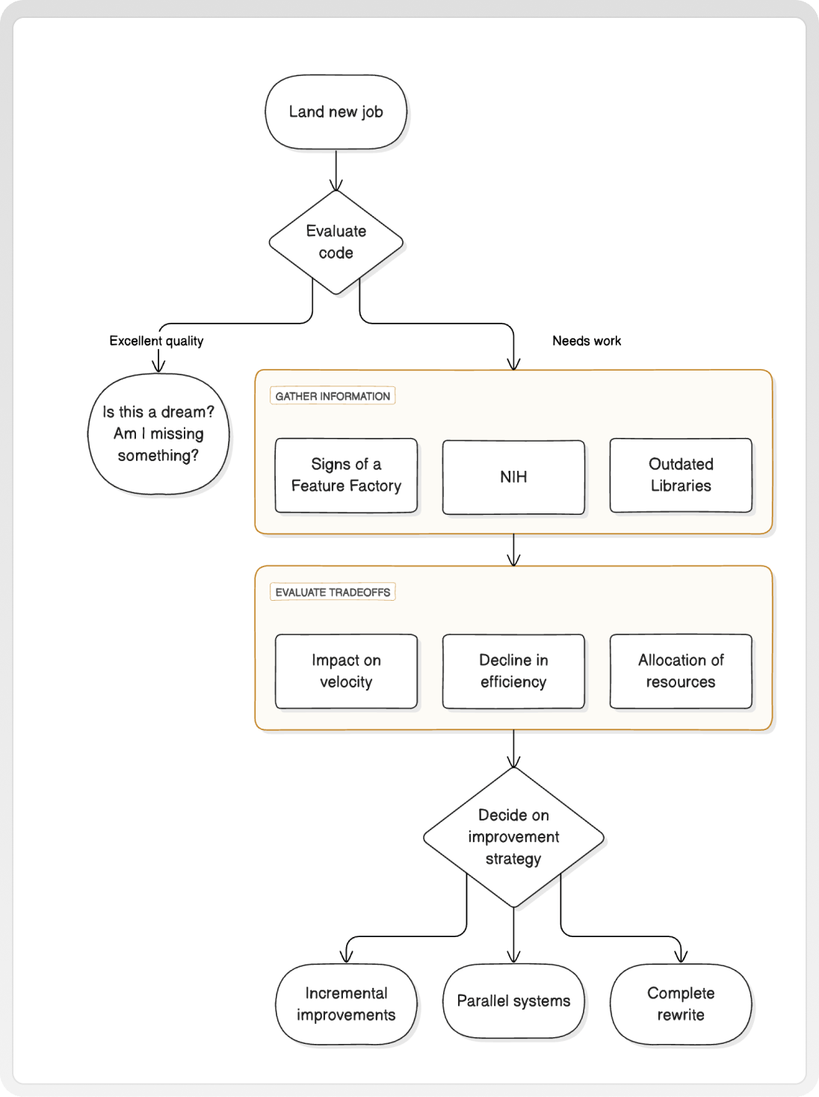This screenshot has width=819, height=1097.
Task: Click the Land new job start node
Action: click(336, 112)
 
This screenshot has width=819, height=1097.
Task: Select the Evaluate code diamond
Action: click(336, 242)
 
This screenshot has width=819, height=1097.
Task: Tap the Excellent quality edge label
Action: click(156, 341)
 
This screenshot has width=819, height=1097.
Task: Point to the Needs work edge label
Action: click(587, 341)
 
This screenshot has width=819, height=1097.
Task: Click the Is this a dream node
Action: click(158, 434)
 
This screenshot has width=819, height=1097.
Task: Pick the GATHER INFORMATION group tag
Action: click(333, 396)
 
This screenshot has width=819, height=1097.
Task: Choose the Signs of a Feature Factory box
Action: click(346, 475)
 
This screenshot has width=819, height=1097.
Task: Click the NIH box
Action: click(513, 478)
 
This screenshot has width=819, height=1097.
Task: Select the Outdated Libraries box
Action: click(681, 475)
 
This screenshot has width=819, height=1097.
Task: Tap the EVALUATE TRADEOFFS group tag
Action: click(333, 592)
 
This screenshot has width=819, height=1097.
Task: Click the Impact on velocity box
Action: click(346, 671)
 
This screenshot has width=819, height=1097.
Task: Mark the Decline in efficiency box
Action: click(513, 671)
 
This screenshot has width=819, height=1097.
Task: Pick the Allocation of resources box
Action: click(681, 671)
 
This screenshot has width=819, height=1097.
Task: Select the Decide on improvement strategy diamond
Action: click(513, 837)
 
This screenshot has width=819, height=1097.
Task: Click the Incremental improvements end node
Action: click(346, 1004)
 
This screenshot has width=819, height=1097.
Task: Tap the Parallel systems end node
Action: click(513, 1001)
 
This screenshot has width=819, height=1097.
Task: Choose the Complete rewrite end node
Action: click(681, 1004)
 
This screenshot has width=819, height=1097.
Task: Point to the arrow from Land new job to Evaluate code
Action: click(336, 170)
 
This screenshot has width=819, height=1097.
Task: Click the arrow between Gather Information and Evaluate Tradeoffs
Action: click(513, 550)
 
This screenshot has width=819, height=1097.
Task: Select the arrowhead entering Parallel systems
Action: click(513, 957)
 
